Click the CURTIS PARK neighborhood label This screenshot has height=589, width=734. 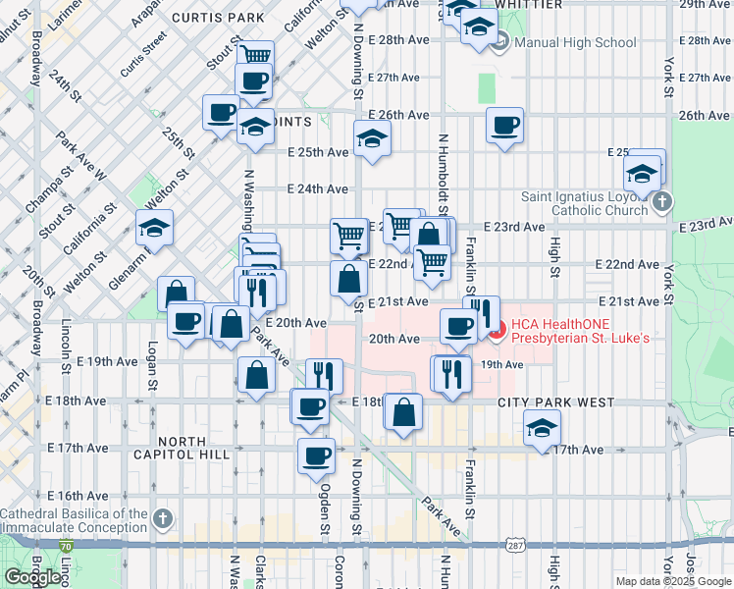click(218, 18)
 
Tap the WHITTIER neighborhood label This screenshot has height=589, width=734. click(529, 5)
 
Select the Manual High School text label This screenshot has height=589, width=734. click(575, 43)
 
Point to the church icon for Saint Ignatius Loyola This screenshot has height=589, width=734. click(662, 203)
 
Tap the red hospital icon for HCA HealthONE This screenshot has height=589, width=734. click(497, 331)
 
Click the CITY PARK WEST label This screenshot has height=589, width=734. click(555, 402)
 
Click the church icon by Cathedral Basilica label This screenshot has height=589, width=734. click(163, 517)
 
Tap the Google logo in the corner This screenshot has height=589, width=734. click(32, 577)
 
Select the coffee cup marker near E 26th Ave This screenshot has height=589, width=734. click(505, 126)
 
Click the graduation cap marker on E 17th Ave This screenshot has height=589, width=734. click(541, 427)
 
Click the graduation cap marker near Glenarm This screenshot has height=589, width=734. click(154, 229)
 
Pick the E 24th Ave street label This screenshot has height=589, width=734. click(317, 188)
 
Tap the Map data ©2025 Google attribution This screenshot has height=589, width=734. click(672, 581)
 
